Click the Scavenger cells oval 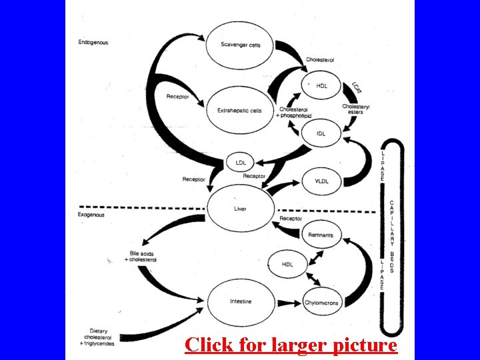click(x=241, y=45)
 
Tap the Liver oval click(x=240, y=209)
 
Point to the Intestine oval click(x=241, y=301)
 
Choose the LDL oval click(x=241, y=162)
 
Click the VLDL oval click(x=321, y=181)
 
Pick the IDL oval click(x=321, y=133)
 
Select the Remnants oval click(x=321, y=235)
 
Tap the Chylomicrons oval click(x=321, y=303)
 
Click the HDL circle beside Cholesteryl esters click(x=321, y=86)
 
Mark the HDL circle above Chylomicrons click(x=287, y=265)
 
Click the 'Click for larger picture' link click(x=291, y=345)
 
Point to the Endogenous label click(x=93, y=43)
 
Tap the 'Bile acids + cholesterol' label click(x=140, y=257)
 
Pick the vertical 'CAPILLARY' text click(x=391, y=223)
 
